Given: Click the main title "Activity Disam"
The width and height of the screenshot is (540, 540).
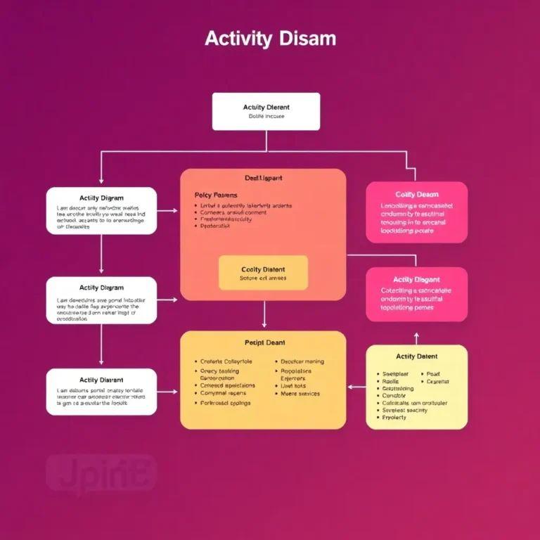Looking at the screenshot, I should tap(270, 39).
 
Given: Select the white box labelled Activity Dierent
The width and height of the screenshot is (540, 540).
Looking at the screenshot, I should tap(266, 111).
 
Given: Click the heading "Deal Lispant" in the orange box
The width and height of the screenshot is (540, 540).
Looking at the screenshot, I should tap(263, 179).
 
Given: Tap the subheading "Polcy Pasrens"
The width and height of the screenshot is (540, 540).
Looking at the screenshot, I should tap(215, 195).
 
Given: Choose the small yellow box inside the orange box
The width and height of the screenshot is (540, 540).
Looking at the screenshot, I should tap(263, 273).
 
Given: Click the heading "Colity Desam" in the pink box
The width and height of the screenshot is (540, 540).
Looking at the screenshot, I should tap(417, 194).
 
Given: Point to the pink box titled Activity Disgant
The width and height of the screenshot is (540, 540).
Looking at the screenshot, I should tap(416, 294).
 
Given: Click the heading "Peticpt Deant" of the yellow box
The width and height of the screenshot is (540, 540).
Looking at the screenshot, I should tap(264, 342).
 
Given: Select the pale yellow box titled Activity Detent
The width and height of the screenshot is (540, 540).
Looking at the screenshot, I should tap(416, 387).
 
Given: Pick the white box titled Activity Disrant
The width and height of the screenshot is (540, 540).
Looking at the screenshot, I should tap(101, 392).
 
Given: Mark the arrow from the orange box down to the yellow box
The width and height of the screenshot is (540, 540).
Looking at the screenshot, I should tap(264, 314).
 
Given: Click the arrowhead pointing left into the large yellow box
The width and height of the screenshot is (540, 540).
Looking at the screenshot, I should tap(352, 386).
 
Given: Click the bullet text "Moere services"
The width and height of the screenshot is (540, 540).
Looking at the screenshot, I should tap(300, 394).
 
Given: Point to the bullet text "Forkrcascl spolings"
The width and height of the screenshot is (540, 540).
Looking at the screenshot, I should tap(225, 404).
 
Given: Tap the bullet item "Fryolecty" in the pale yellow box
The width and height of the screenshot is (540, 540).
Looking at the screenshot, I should tap(394, 418).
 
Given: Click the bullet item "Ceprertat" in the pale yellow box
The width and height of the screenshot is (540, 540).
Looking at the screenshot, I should tap(437, 382).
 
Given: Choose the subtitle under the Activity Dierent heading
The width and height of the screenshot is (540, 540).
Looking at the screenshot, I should tap(266, 116).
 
